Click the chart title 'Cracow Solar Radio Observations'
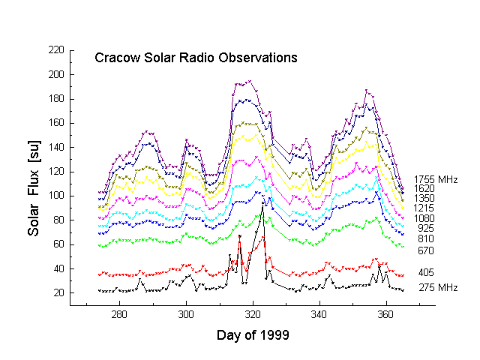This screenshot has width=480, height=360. pyautogui.click(x=195, y=58)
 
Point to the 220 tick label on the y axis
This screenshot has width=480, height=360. pyautogui.click(x=55, y=50)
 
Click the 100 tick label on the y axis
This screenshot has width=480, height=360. pyautogui.click(x=55, y=196)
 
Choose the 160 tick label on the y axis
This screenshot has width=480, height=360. pyautogui.click(x=55, y=123)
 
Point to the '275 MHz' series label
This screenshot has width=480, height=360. pyautogui.click(x=436, y=288)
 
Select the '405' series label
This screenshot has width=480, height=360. pyautogui.click(x=426, y=272)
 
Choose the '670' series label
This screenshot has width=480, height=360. pyautogui.click(x=426, y=250)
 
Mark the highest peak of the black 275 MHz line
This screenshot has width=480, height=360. pyautogui.click(x=262, y=202)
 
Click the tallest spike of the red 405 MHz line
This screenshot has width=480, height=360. pyautogui.click(x=239, y=236)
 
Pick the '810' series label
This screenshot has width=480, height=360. pyautogui.click(x=426, y=238)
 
